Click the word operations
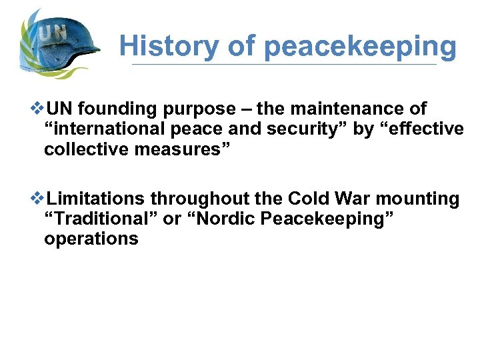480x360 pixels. click(91, 239)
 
